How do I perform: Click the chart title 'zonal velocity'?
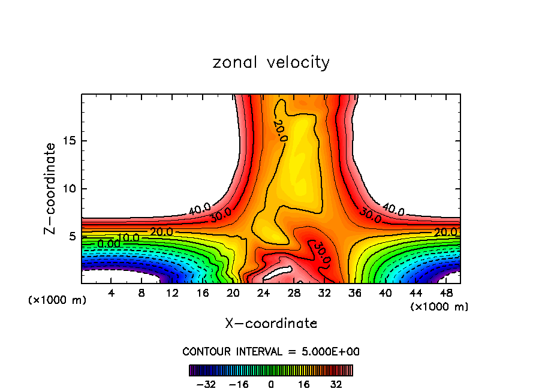click(271, 62)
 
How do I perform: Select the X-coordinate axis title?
click(271, 324)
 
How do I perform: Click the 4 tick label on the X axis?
click(112, 293)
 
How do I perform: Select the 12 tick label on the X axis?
click(172, 293)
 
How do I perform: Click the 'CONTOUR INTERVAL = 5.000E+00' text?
click(271, 352)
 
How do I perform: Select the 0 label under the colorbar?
click(271, 384)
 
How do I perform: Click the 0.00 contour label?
click(109, 244)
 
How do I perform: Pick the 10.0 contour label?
click(128, 238)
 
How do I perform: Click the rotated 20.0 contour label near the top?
click(280, 130)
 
